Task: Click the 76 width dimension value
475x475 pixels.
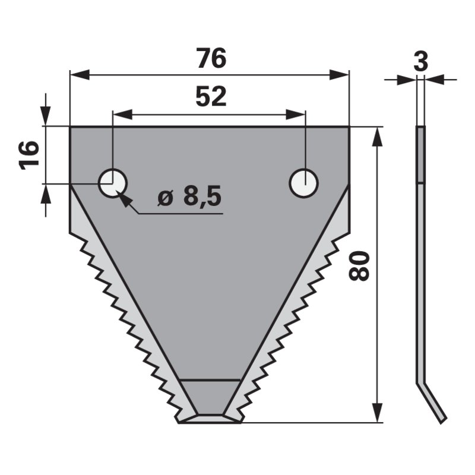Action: point(210,59)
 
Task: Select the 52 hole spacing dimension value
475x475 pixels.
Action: point(210,96)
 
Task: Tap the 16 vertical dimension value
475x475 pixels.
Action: point(29,155)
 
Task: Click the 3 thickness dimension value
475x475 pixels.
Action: point(420,62)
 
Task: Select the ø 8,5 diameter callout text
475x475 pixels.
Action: point(189,197)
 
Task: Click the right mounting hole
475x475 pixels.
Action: point(303,183)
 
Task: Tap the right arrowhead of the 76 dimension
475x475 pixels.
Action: point(340,75)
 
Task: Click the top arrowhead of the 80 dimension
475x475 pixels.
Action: point(376,135)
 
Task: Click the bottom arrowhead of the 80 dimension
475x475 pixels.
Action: point(376,414)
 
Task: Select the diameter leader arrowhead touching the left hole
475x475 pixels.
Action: point(125,198)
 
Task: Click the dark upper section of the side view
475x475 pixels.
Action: point(420,154)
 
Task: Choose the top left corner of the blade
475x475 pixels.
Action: point(71,127)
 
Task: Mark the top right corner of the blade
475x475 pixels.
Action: point(349,127)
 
